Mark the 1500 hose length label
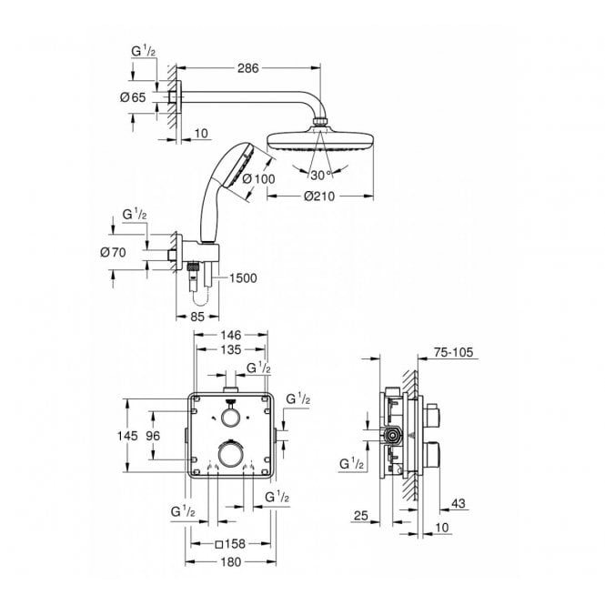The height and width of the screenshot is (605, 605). coord(245,278)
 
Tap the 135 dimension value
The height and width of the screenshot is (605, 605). coord(231,350)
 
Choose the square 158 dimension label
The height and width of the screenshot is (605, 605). coord(230,545)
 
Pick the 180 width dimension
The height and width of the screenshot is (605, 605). coord(231,564)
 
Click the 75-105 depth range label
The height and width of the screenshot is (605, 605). coord(452,351)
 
